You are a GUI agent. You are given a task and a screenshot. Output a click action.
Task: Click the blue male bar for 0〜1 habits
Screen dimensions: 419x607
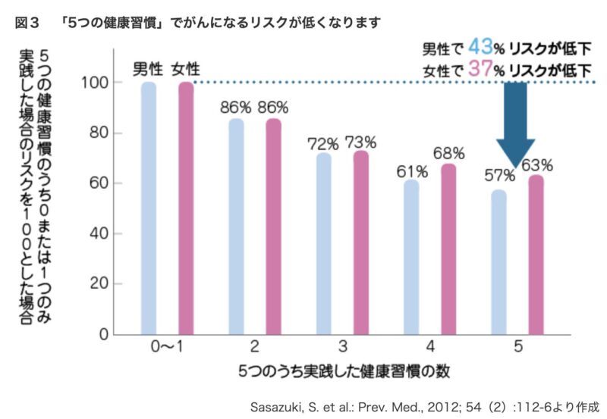point(149,208)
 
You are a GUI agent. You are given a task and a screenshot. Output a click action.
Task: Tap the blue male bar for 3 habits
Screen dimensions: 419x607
point(324,243)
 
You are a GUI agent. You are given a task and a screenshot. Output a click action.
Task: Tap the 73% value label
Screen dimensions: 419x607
point(361,142)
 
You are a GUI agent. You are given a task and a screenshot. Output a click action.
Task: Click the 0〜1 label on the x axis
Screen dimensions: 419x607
point(167,346)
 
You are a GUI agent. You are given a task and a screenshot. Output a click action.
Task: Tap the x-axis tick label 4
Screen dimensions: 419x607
point(429,346)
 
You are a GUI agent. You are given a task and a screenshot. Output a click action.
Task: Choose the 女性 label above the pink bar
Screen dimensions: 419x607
point(186,67)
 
